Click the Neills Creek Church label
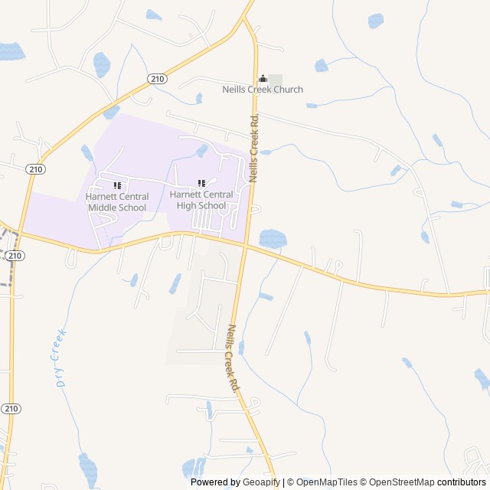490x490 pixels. click(263, 90)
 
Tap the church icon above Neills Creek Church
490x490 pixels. click(263, 78)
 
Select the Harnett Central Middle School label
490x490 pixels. click(116, 202)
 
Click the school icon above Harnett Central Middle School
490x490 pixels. click(117, 185)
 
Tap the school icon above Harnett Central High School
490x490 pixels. click(201, 184)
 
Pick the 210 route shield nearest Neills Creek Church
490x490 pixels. click(157, 79)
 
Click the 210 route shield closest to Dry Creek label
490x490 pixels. click(11, 408)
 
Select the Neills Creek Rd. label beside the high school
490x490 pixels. click(253, 147)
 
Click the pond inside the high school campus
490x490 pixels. click(202, 150)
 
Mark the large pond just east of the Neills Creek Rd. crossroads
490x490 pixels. click(272, 238)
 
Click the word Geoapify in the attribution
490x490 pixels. click(261, 482)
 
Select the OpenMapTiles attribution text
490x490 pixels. click(327, 482)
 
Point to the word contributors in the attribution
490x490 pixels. click(462, 482)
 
